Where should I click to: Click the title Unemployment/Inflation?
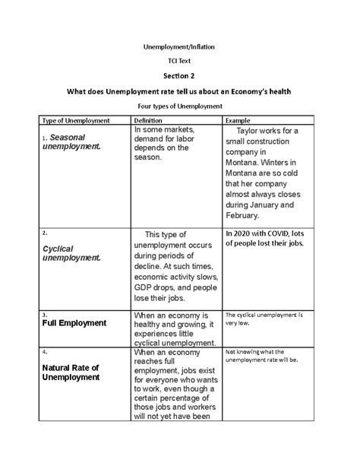180,46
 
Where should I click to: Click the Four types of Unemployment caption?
180,106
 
